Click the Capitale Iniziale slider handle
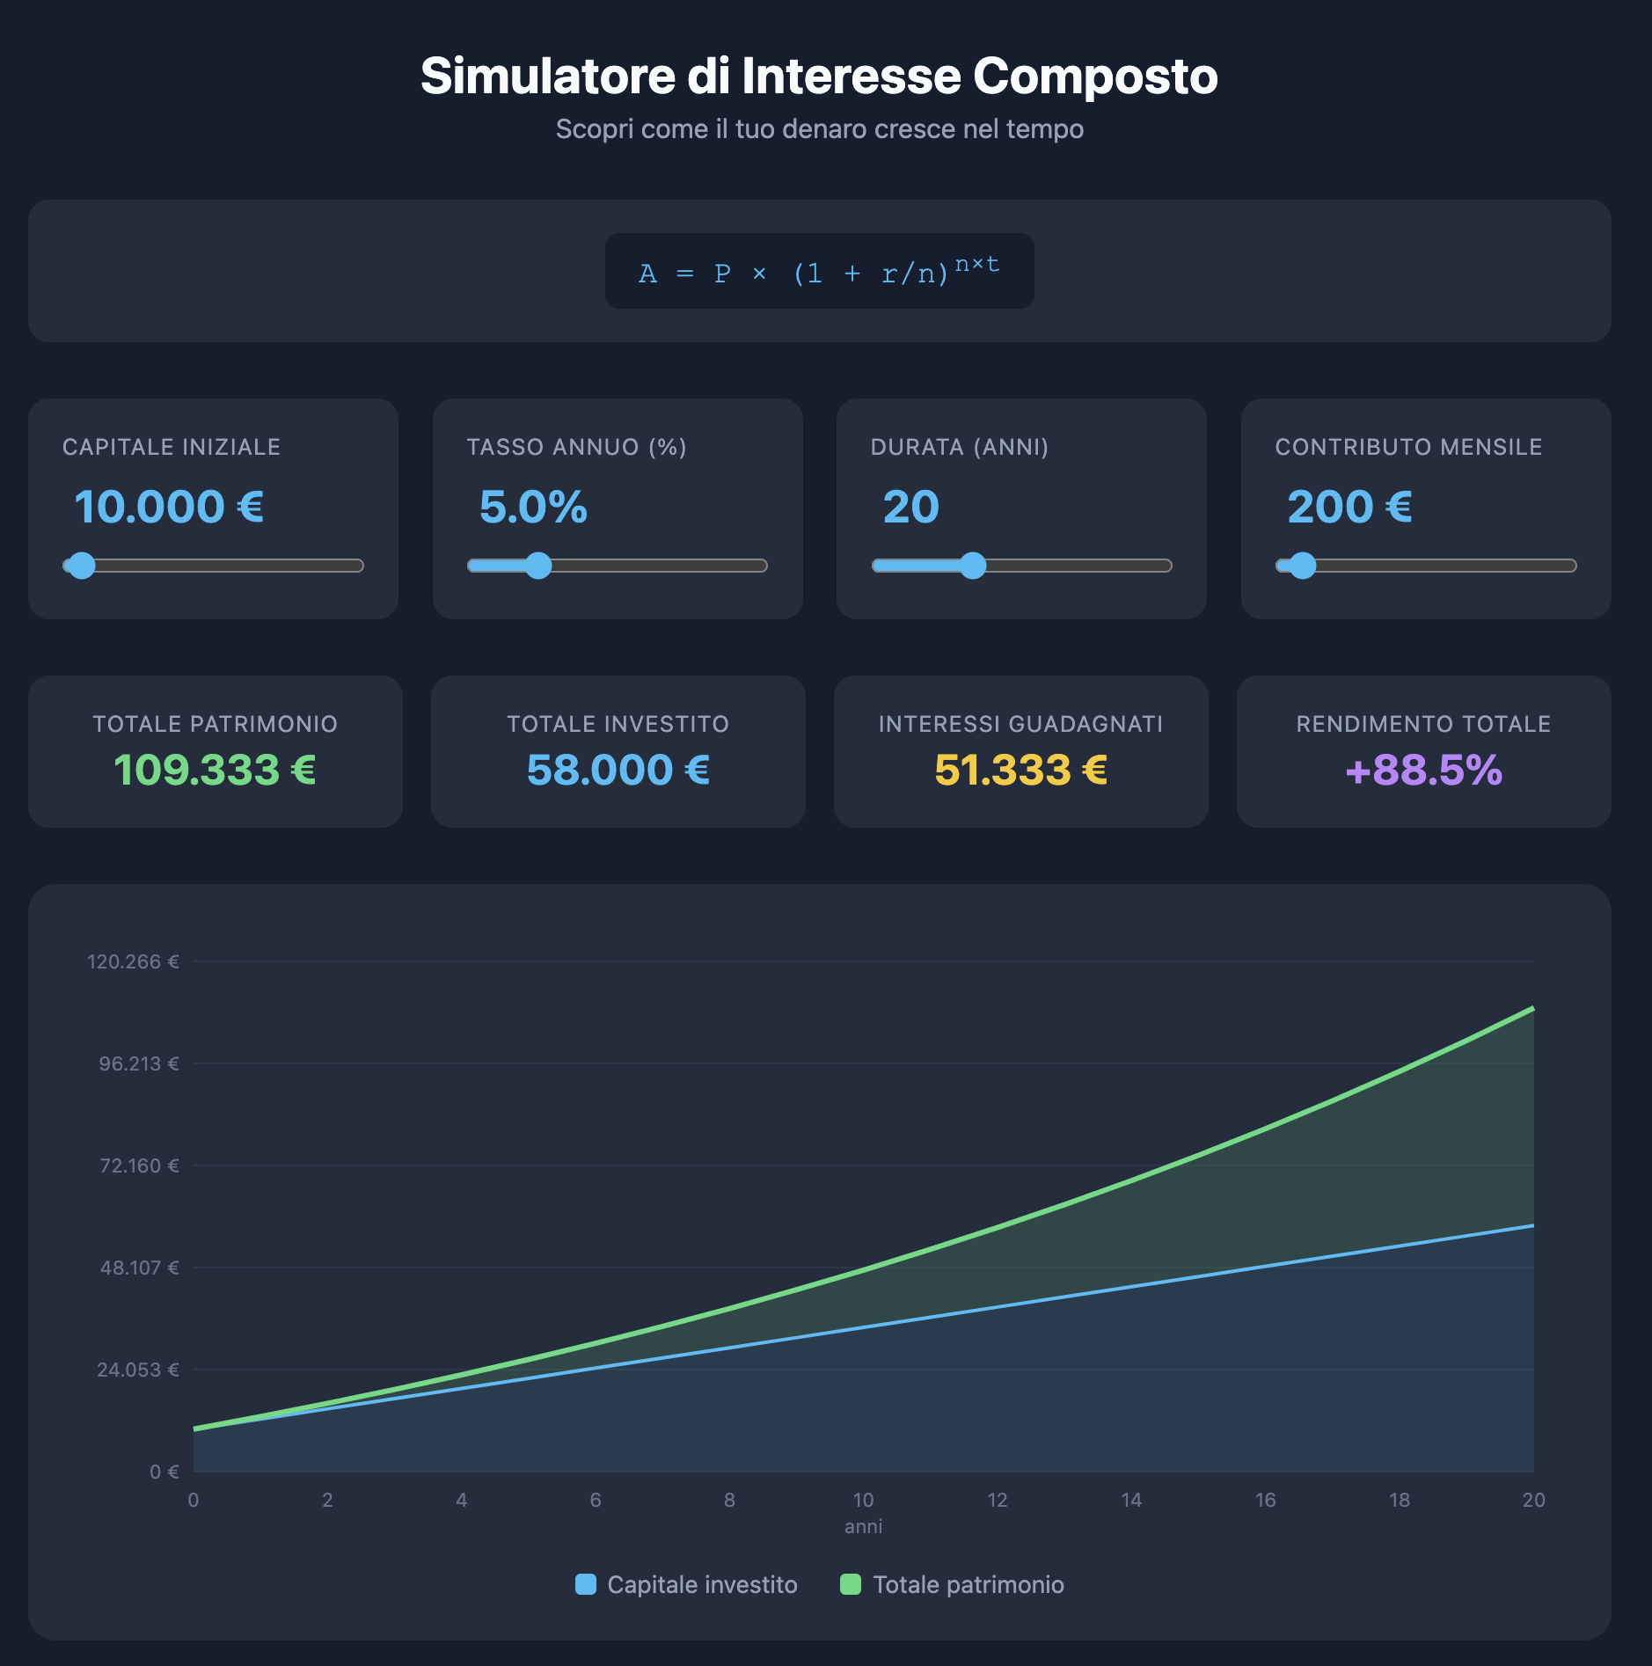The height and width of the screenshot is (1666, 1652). (x=82, y=566)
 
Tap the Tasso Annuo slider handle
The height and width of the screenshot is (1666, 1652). (x=537, y=566)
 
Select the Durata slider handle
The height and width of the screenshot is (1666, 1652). (x=972, y=566)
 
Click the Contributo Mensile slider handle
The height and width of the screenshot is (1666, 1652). (x=1302, y=566)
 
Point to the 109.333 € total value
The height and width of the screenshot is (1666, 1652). (x=215, y=771)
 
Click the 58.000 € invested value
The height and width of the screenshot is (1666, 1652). (x=618, y=771)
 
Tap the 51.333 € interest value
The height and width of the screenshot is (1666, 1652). (x=1020, y=771)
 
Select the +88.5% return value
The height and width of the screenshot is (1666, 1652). (x=1423, y=771)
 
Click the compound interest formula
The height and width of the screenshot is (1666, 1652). (x=819, y=272)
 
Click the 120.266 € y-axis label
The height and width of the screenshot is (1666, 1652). (x=133, y=962)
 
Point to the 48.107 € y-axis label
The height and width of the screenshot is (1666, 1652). (x=139, y=1268)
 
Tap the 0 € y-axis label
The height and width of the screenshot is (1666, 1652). (x=164, y=1472)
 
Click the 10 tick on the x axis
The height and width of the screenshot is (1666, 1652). (x=863, y=1501)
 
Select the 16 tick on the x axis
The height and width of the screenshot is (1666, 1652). (x=1265, y=1501)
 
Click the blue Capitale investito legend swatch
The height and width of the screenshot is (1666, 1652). (x=585, y=1585)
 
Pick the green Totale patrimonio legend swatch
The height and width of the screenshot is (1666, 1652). (x=850, y=1585)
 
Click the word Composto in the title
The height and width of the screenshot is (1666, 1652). (x=1094, y=77)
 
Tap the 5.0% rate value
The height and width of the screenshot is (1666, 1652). (x=533, y=508)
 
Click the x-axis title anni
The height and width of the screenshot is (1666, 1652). (x=863, y=1527)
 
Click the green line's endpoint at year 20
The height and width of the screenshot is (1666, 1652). (x=1532, y=1009)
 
